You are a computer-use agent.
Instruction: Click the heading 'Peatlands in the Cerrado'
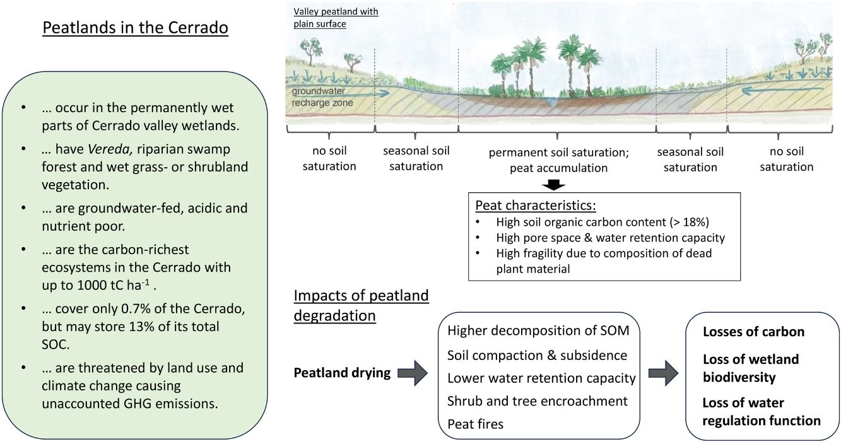(135, 29)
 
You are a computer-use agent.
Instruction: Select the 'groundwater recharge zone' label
(322, 97)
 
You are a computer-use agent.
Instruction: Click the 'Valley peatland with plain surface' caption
(336, 18)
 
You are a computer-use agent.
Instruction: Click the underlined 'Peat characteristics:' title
(536, 206)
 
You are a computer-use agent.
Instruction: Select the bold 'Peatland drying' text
(342, 373)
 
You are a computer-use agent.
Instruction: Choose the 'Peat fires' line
(475, 424)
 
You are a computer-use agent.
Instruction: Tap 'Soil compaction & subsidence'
(537, 355)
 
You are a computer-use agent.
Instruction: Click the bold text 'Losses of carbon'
(753, 332)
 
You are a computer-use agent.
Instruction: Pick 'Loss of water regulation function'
(762, 412)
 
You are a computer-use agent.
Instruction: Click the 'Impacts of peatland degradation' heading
(361, 305)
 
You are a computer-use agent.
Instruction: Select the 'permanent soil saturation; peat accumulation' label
(557, 160)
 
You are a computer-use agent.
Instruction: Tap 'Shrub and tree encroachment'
(538, 401)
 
